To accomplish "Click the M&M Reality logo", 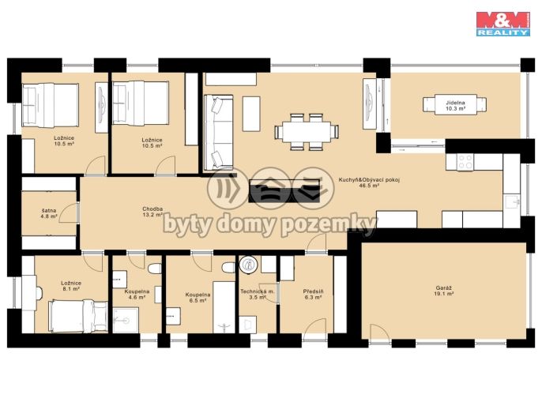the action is tap(503, 24).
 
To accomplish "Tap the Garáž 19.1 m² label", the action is tap(444, 291).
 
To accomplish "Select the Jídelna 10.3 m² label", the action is tap(455, 105).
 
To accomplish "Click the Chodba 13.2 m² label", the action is tap(152, 212).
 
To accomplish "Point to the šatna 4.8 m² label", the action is tap(49, 213).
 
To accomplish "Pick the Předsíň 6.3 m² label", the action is tap(313, 294).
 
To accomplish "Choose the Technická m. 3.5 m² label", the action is tap(258, 294).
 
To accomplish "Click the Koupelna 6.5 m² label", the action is tap(198, 298).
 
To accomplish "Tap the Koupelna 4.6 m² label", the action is tap(137, 294).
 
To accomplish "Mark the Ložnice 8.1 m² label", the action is tap(71, 286).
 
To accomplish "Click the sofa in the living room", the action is tap(218, 133).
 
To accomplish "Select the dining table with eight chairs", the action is tap(307, 132).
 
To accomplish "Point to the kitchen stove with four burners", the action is tap(465, 162).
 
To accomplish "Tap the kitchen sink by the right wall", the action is tap(512, 201).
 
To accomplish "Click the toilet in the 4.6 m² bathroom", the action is tap(155, 269).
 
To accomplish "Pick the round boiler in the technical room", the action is tap(248, 265).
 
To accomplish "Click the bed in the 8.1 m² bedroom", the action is tap(78, 317).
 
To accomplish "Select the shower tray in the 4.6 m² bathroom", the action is tap(126, 320).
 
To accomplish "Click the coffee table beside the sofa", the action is tap(251, 114).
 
